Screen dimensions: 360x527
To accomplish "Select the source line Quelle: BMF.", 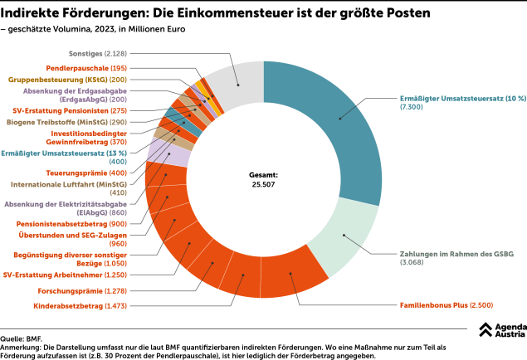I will (23, 338).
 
